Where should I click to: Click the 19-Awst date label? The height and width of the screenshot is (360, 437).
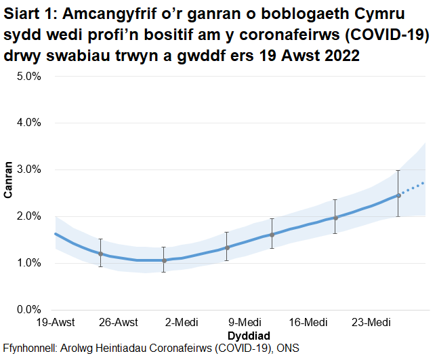click(55, 321)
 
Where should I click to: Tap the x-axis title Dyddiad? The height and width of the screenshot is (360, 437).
click(249, 336)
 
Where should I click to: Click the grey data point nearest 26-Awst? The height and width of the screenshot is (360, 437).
click(100, 254)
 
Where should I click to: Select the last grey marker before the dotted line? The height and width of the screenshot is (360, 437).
click(398, 195)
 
